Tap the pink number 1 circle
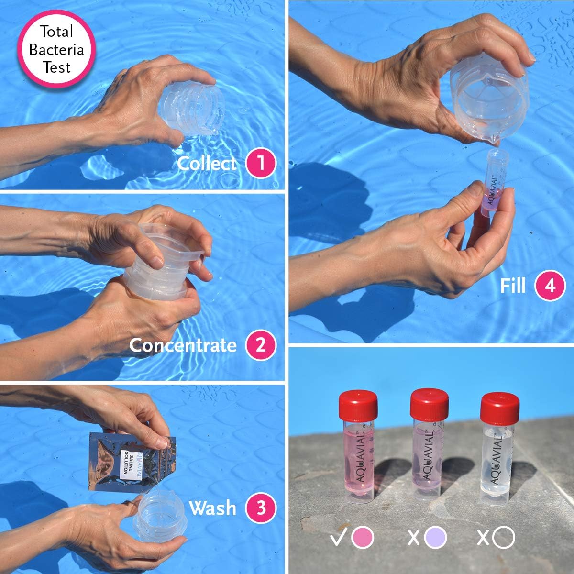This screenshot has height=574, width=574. [x=261, y=163]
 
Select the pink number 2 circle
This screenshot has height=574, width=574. [x=261, y=345]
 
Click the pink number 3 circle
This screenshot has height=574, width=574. [x=261, y=508]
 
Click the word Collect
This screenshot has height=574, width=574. [x=207, y=164]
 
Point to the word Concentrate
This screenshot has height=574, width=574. [x=183, y=345]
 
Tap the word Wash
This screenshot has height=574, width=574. [x=212, y=508]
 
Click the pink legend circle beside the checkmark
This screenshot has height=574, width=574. [x=363, y=538]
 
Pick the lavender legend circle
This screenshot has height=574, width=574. [x=435, y=538]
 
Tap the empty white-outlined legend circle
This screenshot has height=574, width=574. [x=504, y=538]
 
